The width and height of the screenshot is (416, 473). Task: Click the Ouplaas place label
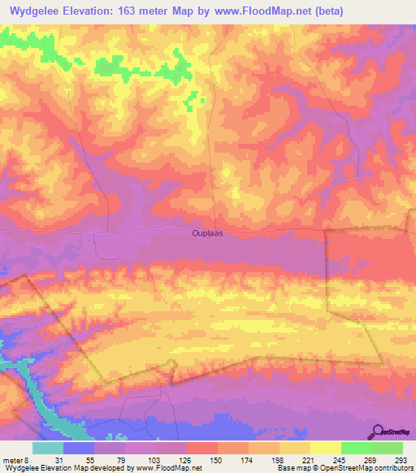pos(206,232)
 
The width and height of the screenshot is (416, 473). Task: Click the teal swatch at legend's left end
pos(48,448)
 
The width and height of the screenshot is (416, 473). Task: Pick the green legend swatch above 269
pos(356,448)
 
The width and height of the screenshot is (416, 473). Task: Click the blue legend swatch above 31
pos(79,448)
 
